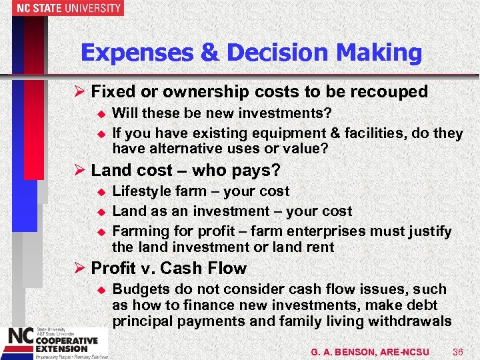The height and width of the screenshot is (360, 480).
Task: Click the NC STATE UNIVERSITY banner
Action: pos(61,8)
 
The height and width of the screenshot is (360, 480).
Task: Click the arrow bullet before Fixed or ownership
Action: pos(81,91)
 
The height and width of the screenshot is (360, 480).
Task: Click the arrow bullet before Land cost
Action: pos(81,171)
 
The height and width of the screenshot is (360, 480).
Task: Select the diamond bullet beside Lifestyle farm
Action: pos(102,192)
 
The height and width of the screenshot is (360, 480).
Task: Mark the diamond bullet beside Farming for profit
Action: pos(102,231)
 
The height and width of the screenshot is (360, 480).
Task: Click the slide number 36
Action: pos(457,351)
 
